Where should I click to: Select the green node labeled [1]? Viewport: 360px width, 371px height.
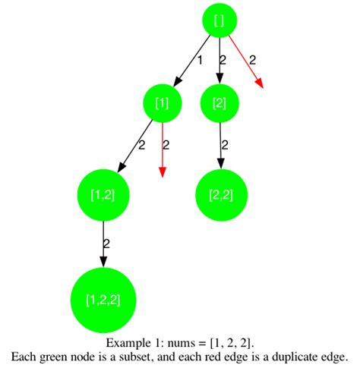coord(162,103)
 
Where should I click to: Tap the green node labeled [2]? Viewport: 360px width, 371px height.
coord(220,103)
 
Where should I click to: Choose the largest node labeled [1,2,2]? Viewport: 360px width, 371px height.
coord(103,299)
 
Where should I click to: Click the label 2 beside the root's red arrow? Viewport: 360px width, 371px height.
coord(253,59)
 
